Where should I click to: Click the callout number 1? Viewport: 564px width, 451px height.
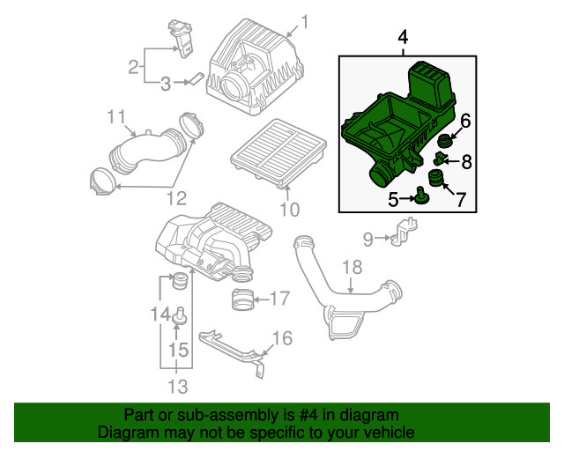click(305, 22)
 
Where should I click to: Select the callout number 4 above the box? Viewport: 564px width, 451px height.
click(403, 37)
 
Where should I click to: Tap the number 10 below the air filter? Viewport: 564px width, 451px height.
click(290, 210)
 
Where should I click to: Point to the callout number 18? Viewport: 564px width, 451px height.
click(352, 268)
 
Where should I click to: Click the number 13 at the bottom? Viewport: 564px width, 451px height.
click(178, 387)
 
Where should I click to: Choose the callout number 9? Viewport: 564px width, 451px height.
click(367, 240)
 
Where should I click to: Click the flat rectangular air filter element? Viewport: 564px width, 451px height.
click(278, 154)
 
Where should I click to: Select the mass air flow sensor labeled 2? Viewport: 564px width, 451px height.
click(181, 39)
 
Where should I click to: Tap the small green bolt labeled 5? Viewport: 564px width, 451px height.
click(420, 196)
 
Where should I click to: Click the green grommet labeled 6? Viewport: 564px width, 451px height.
click(444, 140)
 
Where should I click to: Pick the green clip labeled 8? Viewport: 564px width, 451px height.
click(438, 159)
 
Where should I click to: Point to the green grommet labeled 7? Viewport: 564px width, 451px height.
click(436, 179)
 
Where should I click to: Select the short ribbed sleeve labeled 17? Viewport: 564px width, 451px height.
click(242, 299)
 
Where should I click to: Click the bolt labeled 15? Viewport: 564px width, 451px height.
click(180, 315)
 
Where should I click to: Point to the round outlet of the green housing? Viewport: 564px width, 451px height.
click(379, 177)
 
